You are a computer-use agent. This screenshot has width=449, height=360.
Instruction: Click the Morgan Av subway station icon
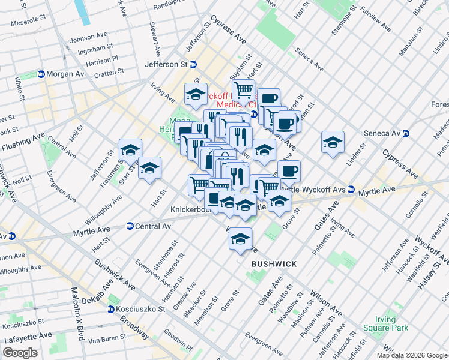(x=41, y=74)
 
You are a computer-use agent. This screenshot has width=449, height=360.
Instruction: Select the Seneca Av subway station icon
(x=406, y=133)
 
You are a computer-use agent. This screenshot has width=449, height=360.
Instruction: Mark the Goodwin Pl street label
(x=176, y=343)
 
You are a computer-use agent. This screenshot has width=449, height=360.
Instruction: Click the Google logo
(x=20, y=353)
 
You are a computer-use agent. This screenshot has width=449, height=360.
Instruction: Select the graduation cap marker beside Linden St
(x=333, y=143)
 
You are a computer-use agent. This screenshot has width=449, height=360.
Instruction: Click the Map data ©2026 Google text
(x=411, y=355)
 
